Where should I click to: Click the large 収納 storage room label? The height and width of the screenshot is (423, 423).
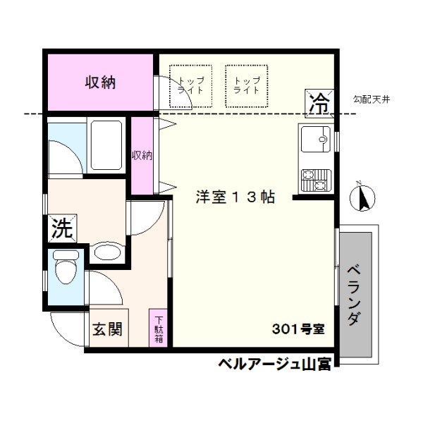click(101, 82)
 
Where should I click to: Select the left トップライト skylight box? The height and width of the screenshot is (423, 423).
click(190, 86)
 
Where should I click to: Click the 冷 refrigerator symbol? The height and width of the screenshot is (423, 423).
click(318, 104)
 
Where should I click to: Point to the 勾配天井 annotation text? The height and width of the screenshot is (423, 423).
click(372, 99)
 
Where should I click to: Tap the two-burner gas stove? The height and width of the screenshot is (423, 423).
click(315, 182)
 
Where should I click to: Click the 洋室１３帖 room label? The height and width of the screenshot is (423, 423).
click(235, 198)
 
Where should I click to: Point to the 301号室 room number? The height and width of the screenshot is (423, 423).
click(298, 329)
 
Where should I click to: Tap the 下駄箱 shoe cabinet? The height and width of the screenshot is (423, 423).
click(159, 328)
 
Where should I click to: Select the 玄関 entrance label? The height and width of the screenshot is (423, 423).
click(108, 329)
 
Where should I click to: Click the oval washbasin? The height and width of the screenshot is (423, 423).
click(107, 252)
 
